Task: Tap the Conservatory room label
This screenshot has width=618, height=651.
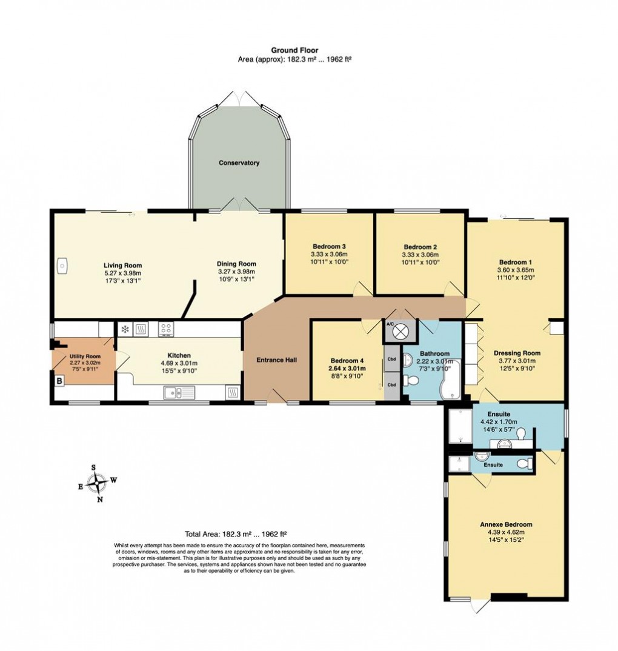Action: (x=239, y=163)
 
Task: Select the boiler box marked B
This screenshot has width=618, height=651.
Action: (x=59, y=381)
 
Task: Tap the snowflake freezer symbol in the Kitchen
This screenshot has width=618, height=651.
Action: (x=125, y=329)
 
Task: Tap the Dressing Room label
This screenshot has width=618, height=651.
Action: (x=517, y=353)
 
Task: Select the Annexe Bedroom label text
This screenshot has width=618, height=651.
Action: (x=507, y=524)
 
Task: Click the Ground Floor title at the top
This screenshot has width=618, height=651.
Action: (x=294, y=50)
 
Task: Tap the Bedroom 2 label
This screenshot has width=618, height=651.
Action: (x=420, y=247)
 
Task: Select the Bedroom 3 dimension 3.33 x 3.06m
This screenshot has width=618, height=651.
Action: (x=329, y=255)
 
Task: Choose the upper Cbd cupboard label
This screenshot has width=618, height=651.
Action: (x=391, y=358)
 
